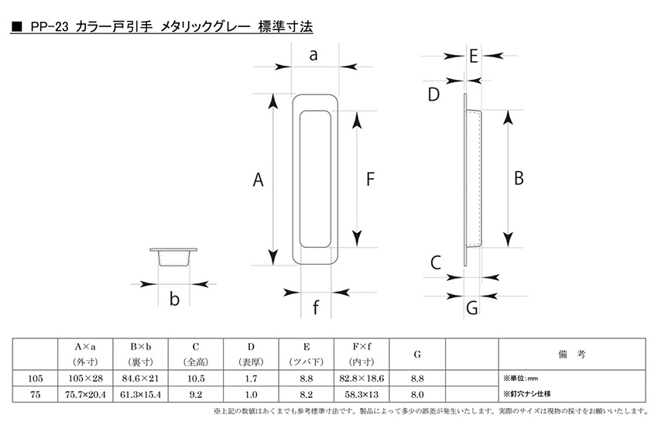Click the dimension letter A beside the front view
(258, 180)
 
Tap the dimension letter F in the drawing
(370, 179)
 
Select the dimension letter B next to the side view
(519, 178)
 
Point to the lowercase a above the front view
(313, 55)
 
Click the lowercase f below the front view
(316, 307)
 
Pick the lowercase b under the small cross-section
(174, 299)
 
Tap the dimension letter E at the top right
(474, 57)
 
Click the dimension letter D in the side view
(434, 94)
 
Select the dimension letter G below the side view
(472, 308)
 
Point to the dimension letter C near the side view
(436, 262)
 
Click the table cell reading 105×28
(85, 379)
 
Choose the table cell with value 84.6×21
(140, 379)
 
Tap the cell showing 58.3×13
(362, 395)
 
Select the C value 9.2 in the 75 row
(196, 395)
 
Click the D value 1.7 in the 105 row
(251, 379)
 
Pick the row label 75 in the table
(36, 395)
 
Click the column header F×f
(362, 347)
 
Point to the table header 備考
(571, 355)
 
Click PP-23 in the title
(49, 28)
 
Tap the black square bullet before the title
(17, 28)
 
